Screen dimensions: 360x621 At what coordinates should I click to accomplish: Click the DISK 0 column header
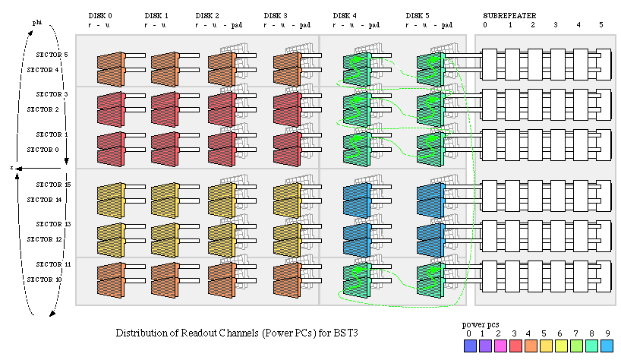coord(100,15)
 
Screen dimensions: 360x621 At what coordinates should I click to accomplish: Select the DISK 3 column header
coord(276,15)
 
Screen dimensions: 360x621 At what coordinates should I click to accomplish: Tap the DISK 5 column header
coord(418,15)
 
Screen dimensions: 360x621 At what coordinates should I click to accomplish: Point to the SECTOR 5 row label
coord(52,55)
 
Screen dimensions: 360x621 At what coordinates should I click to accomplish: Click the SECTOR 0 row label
coord(43,150)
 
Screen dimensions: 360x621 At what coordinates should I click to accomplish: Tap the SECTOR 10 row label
coord(44,280)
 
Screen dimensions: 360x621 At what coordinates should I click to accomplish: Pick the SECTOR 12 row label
coord(44,240)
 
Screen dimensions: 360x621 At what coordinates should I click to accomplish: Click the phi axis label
coord(36,24)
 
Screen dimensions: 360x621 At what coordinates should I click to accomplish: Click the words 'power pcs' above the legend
coord(480,324)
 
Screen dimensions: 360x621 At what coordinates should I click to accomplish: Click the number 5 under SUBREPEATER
coord(601,25)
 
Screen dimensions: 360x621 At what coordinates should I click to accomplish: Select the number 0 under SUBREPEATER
coord(486,25)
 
